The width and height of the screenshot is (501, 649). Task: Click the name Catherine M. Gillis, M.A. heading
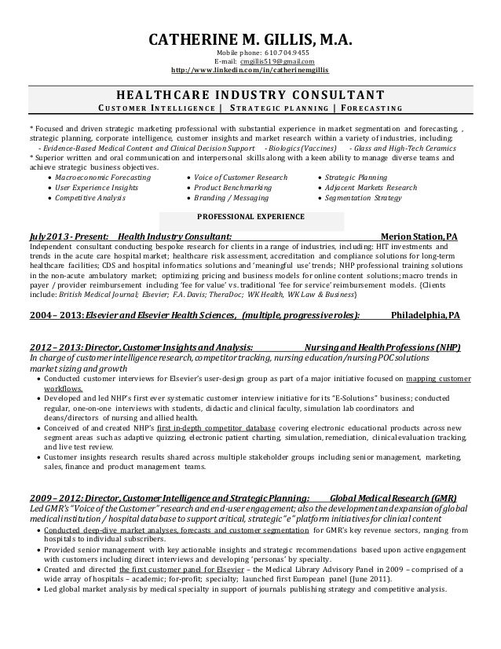tap(251, 39)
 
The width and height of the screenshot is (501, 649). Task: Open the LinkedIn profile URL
tap(251, 71)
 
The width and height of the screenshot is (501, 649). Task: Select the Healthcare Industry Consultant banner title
tap(250, 93)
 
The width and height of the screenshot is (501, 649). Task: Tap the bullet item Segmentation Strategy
tap(363, 200)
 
